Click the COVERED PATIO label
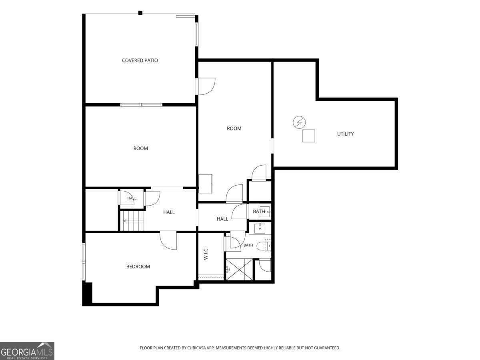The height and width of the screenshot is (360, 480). [x=140, y=60]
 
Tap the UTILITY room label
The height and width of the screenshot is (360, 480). [x=345, y=134]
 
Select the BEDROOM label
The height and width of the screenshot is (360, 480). [x=138, y=266]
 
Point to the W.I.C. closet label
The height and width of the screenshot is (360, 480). [x=206, y=254]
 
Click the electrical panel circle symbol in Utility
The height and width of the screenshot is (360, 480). [x=299, y=122]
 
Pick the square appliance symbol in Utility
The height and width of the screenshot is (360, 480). [x=308, y=136]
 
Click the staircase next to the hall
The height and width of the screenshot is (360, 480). [x=132, y=220]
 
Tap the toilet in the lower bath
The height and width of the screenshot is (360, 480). [x=264, y=246]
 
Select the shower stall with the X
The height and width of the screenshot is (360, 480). [x=239, y=270]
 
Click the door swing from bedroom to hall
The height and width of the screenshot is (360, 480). [x=168, y=240]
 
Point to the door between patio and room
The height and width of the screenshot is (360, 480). [x=205, y=86]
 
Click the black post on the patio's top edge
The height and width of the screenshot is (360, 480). [x=140, y=13]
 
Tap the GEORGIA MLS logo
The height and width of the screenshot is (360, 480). [x=27, y=351]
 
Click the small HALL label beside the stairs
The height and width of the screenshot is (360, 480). [x=132, y=198]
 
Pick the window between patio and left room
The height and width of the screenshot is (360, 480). [x=141, y=105]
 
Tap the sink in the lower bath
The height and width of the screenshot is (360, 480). [x=260, y=228]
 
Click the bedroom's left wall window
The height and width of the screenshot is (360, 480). [x=84, y=261]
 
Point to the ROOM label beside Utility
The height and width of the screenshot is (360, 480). [x=234, y=128]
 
